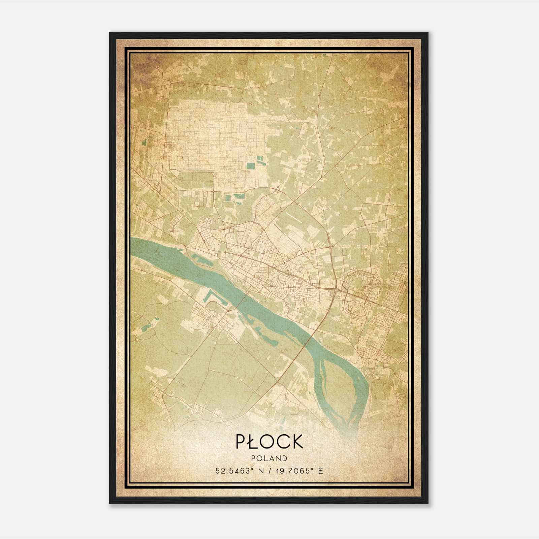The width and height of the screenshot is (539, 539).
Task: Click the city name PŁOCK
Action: (269, 442)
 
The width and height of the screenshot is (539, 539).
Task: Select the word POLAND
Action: (269, 458)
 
